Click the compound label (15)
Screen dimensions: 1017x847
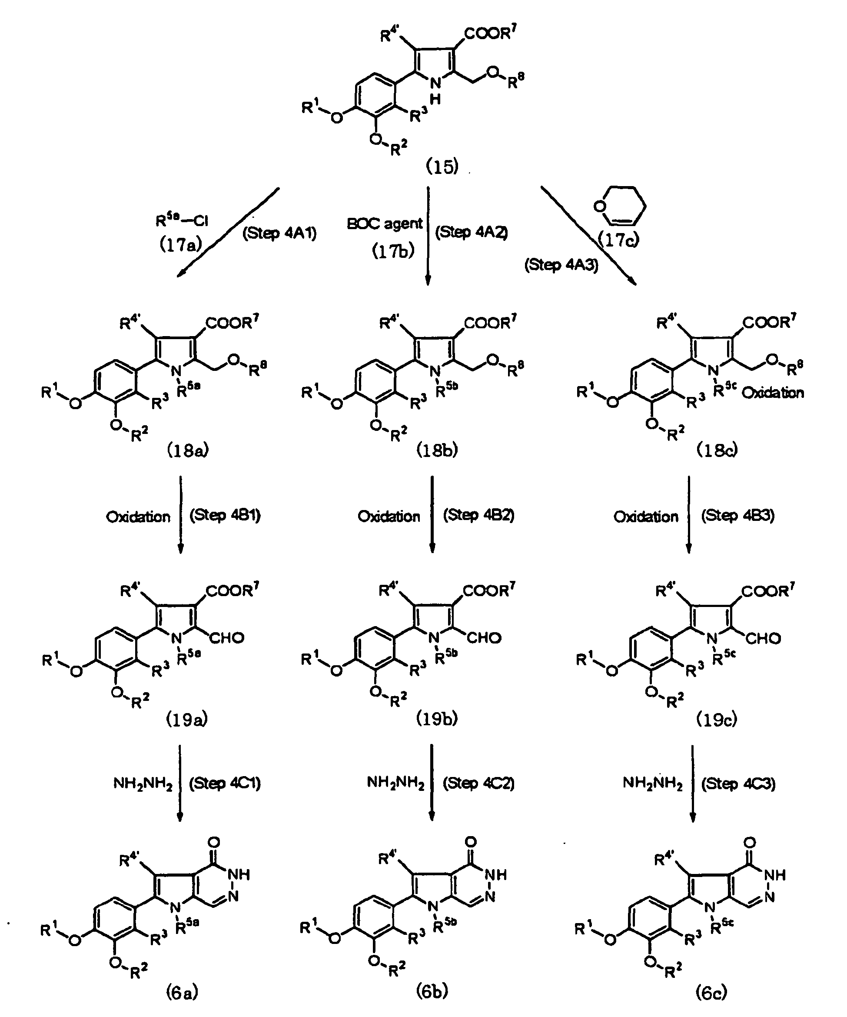point(442,167)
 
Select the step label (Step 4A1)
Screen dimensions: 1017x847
point(279,233)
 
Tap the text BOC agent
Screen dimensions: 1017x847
point(385,224)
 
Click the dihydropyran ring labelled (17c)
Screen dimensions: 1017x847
point(620,206)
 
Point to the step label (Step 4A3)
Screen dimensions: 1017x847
point(561,265)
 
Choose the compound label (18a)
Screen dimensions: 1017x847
point(188,451)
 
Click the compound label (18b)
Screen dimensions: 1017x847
point(437,450)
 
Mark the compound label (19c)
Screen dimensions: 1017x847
point(717,720)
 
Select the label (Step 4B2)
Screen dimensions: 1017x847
point(478,515)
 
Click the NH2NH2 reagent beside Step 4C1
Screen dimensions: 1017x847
point(143,783)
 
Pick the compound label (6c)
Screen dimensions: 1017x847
point(711,993)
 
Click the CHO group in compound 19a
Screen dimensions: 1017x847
point(226,638)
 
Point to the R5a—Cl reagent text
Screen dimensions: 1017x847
point(182,221)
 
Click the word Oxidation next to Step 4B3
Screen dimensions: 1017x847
point(646,517)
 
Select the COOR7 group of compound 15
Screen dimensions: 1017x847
point(490,33)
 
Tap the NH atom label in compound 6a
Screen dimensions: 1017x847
point(239,874)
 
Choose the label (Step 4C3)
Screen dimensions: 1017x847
point(738,784)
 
